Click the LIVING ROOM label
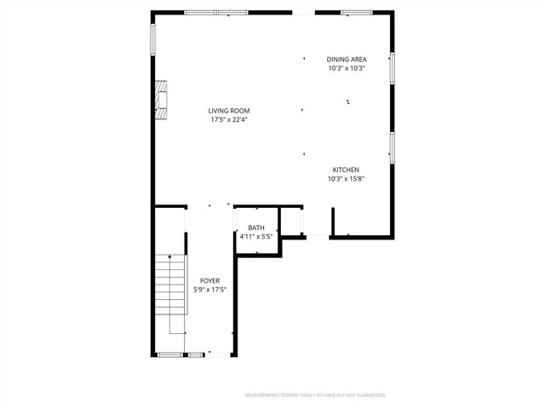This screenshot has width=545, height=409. click(230, 110)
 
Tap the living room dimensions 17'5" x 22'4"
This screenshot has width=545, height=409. click(230, 119)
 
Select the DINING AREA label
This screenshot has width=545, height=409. click(346, 59)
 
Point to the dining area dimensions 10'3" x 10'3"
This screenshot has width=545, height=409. click(346, 68)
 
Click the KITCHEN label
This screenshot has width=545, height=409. click(346, 170)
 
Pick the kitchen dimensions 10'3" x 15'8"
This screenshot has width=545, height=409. click(346, 179)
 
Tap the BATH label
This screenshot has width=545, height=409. click(256, 228)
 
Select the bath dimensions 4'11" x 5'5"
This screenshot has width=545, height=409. click(256, 237)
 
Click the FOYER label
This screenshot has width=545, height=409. click(209, 280)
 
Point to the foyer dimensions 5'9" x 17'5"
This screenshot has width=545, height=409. click(209, 290)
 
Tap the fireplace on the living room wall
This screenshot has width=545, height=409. click(160, 99)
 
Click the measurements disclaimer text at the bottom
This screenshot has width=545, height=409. click(315, 395)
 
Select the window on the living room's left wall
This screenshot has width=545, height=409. click(153, 37)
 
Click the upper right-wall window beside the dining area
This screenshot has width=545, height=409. click(392, 68)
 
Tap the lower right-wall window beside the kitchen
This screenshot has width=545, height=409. click(392, 146)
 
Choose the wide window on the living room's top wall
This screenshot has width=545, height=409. click(216, 13)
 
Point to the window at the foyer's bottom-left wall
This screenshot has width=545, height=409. click(171, 354)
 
